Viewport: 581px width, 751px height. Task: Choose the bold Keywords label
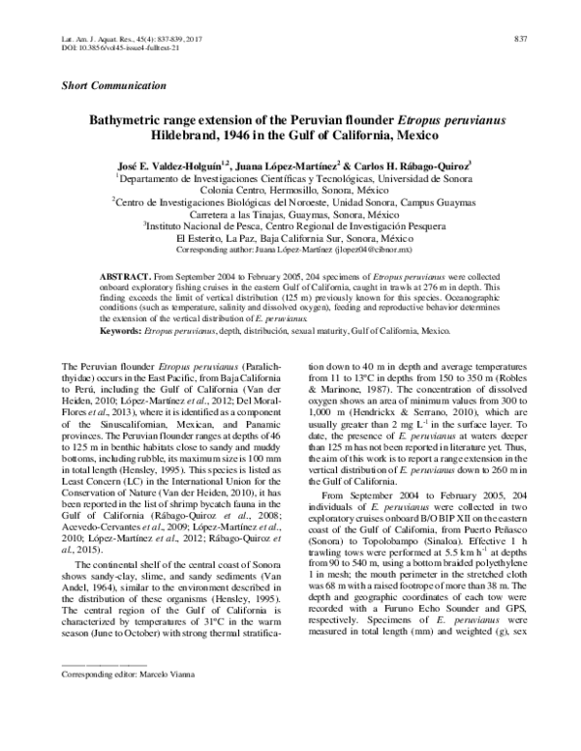128,330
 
